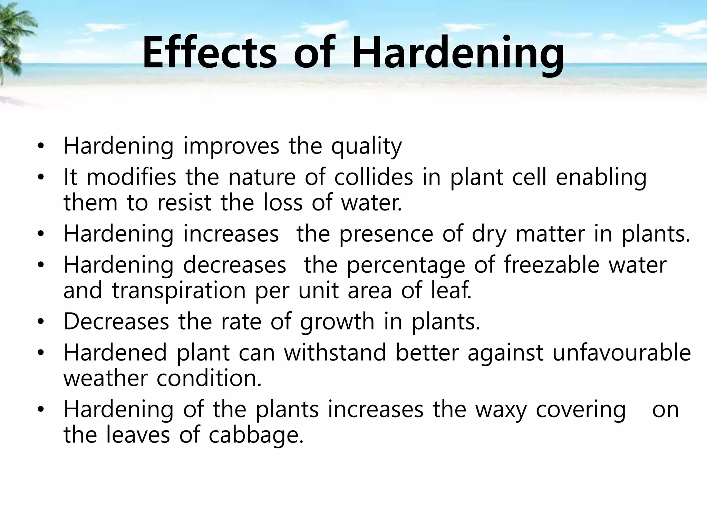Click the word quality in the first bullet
pos(366,147)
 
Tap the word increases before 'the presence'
pos(231,234)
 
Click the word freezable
pos(551,265)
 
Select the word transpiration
pos(178,291)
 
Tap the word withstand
pos(335,353)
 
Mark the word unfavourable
pos(621,353)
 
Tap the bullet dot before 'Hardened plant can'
pos(41,353)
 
